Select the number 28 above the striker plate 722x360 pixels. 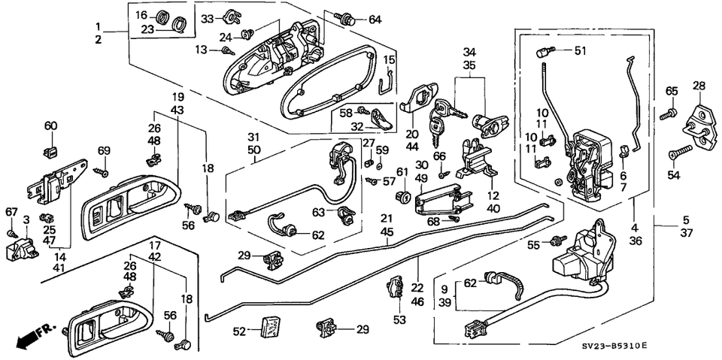[x=698, y=86]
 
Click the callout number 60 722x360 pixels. [x=50, y=126]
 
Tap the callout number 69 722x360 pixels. [x=105, y=150]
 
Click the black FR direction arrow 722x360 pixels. [x=29, y=336]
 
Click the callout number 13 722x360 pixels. [x=201, y=50]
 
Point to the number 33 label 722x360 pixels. [x=208, y=18]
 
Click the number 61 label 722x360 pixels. [x=402, y=172]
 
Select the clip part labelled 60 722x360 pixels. [x=51, y=151]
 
